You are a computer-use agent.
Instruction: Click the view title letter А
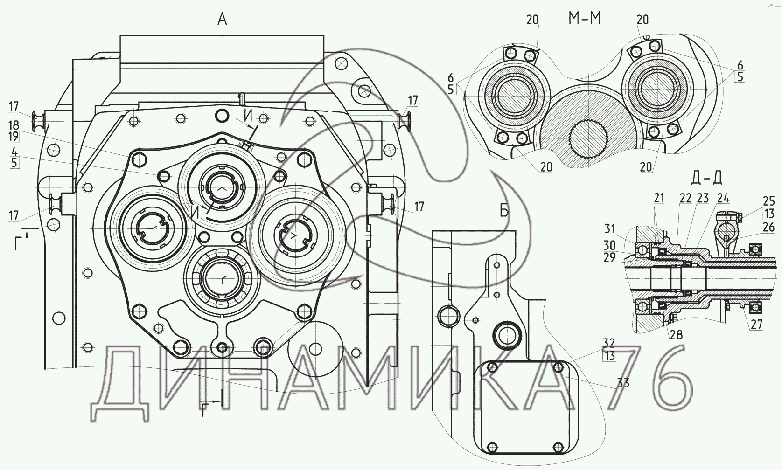tap(223, 19)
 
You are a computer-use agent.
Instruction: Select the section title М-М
tap(585, 19)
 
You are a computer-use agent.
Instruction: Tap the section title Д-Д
tap(706, 178)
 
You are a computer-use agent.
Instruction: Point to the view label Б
tap(504, 211)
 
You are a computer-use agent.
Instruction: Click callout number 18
tap(14, 125)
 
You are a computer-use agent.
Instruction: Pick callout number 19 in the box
tap(14, 137)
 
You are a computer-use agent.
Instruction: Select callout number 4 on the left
tap(14, 152)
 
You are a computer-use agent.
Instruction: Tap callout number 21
tap(659, 198)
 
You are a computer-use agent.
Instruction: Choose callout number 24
tap(723, 198)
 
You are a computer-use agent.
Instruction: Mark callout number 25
tap(769, 201)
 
